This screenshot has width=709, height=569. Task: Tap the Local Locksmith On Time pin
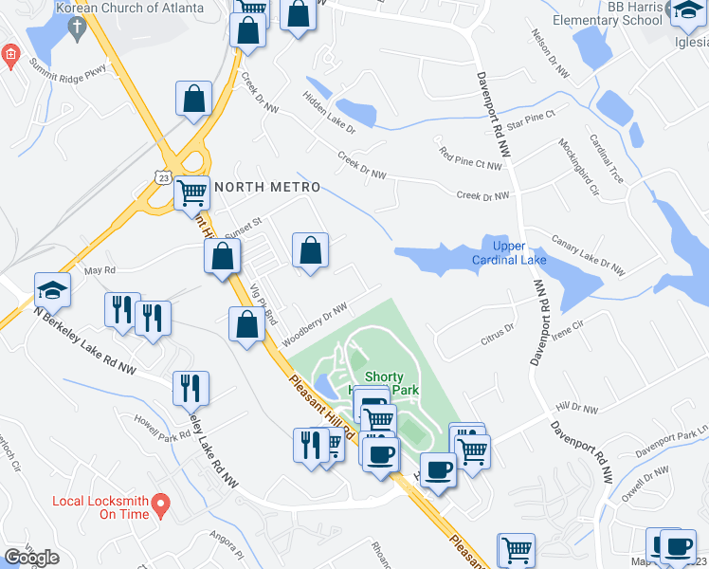[161, 502]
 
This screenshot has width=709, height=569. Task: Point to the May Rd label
[99, 270]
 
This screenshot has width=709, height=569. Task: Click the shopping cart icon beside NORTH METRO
[192, 193]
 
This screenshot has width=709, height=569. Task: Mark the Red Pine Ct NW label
[469, 157]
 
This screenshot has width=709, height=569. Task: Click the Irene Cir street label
[567, 328]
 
